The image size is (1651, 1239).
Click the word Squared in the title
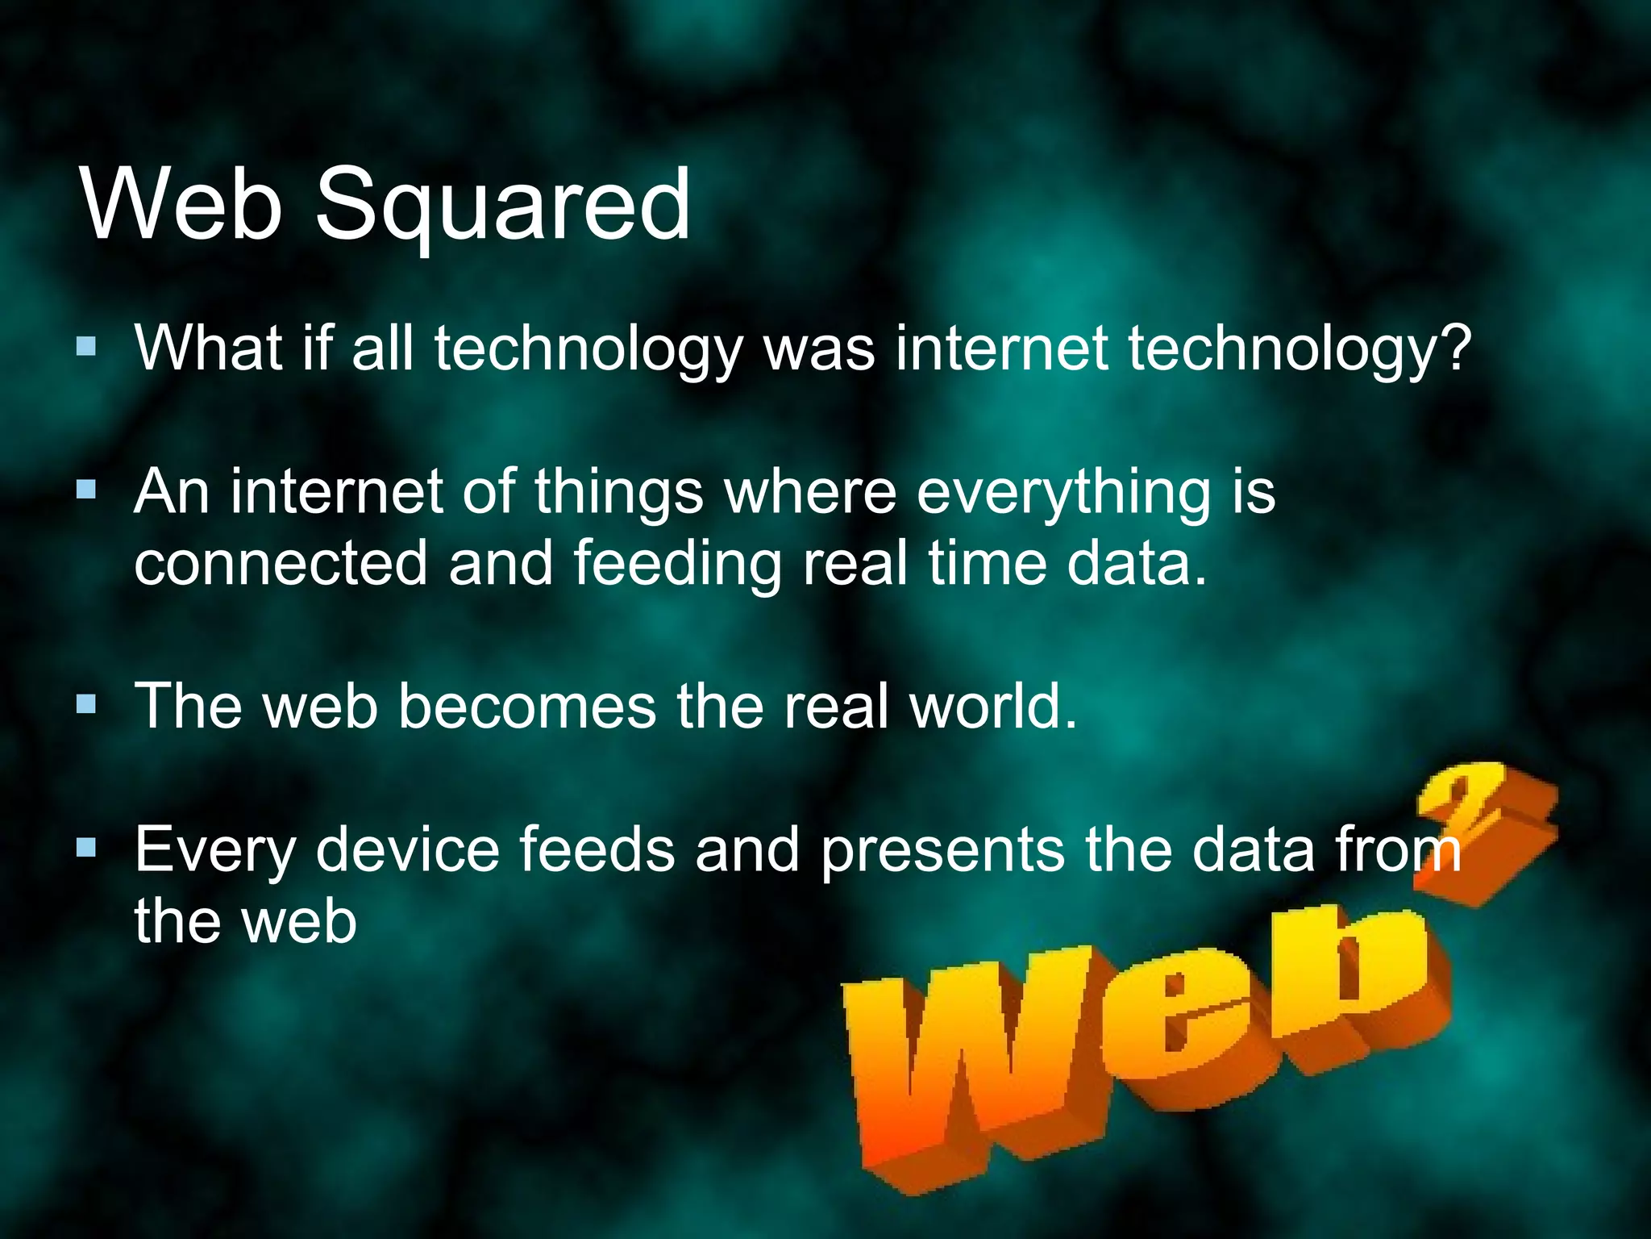[x=501, y=206]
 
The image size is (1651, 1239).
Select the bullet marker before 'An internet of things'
[x=86, y=490]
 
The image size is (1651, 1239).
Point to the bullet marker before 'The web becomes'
[x=86, y=705]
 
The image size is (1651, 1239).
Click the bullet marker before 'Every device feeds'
[x=86, y=848]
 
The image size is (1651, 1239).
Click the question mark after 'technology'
[x=1456, y=348]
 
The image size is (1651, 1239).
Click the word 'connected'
[x=280, y=563]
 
